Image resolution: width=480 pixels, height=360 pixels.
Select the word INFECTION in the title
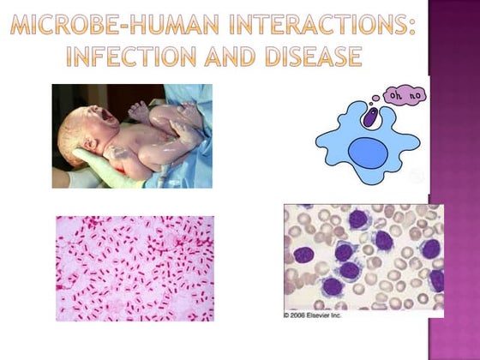click(x=141, y=57)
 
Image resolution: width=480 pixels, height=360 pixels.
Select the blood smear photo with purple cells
click(x=363, y=256)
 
